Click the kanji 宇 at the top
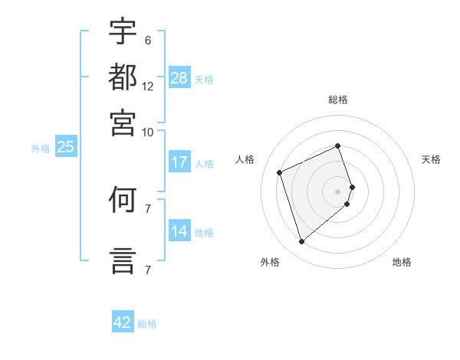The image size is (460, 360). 123,31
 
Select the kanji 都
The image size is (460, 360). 123,77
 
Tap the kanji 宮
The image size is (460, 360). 123,123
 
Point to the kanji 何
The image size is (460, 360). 123,199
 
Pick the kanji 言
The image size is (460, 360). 123,260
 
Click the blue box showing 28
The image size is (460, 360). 179,77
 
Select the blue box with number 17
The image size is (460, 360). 179,162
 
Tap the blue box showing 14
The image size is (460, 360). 179,230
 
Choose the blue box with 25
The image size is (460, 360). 66,146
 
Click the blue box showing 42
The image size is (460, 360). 123,321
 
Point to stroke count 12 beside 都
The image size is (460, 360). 147,87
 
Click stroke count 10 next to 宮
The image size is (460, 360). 147,133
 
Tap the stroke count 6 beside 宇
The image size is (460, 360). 148,41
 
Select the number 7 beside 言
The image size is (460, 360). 148,270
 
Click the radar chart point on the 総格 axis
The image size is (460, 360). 337,146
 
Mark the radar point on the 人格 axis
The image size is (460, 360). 279,172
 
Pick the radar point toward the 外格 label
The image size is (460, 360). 301,241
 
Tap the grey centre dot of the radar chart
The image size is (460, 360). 337,191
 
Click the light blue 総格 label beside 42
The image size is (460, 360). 147,324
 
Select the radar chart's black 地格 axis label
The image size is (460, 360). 402,262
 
